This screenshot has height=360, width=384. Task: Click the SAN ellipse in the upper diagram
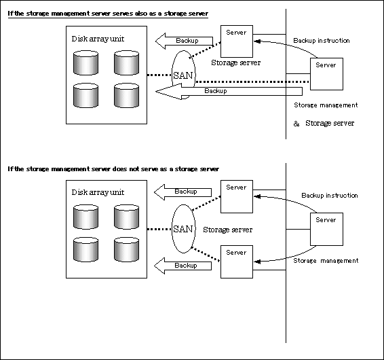pos(172,73)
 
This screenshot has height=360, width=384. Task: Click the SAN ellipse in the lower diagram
pos(172,229)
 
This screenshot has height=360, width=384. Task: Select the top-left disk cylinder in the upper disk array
pos(85,62)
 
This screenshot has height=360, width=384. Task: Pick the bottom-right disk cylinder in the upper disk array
pos(126,95)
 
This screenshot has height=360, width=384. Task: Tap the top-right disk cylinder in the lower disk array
pos(126,217)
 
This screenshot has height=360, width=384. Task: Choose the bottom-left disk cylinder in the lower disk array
pos(85,249)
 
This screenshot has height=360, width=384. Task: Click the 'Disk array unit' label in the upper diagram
pos(98,39)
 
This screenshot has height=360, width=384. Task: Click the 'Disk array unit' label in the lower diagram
pos(98,192)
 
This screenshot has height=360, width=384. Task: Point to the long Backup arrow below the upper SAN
pos(229,91)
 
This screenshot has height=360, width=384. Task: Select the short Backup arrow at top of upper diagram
pos(184,41)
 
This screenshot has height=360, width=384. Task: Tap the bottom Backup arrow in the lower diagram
pos(183,266)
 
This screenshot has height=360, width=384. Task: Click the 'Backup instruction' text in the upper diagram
pos(322,41)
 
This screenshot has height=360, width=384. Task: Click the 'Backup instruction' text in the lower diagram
pos(330,196)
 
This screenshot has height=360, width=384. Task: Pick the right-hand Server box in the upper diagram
pos(326,74)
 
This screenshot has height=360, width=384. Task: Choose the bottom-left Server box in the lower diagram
pos(237,262)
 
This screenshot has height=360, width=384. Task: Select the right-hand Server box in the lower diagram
pos(326,229)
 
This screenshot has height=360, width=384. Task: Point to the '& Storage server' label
pos(324,123)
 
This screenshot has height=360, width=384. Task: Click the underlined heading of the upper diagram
pos(108,14)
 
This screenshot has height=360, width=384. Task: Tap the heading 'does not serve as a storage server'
pos(113,169)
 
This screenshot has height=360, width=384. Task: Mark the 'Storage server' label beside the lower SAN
pos(228,230)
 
